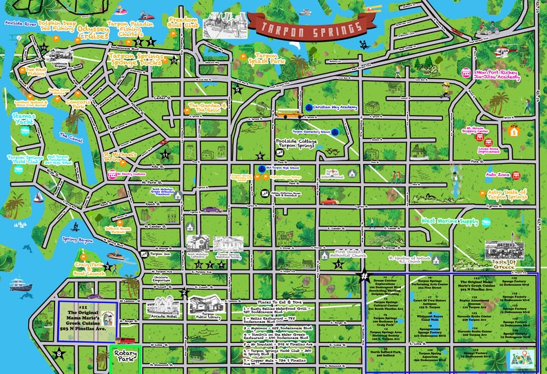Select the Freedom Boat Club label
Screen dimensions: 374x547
click(185, 25)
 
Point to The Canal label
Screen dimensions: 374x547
click(71, 136)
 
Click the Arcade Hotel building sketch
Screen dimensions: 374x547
click(162, 307)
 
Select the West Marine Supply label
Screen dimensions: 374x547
click(448, 221)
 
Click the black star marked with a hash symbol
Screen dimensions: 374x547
click(364, 277)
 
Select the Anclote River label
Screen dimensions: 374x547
click(19, 23)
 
